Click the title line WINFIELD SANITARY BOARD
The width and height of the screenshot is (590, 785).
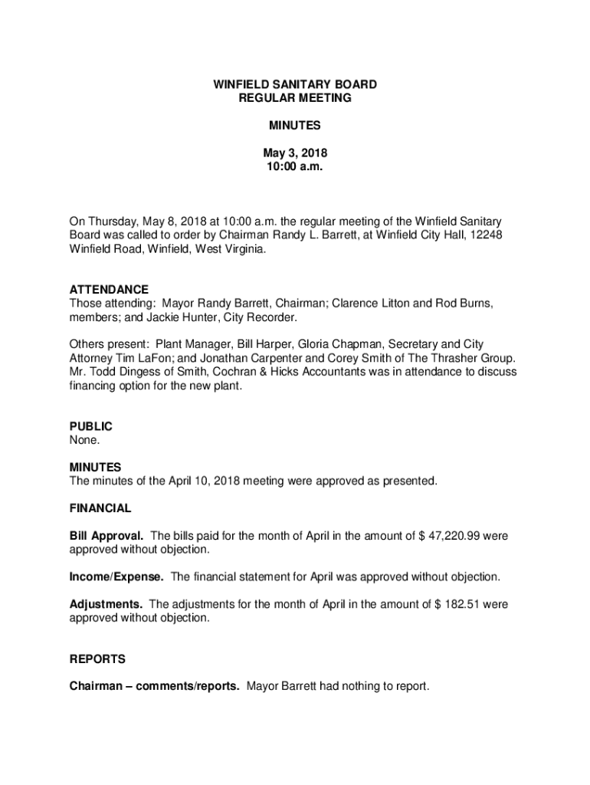pyautogui.click(x=294, y=84)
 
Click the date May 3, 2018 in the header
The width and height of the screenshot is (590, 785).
pyautogui.click(x=294, y=153)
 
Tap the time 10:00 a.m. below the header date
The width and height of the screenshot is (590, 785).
pyautogui.click(x=294, y=166)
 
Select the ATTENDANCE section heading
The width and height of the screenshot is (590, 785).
pyautogui.click(x=109, y=290)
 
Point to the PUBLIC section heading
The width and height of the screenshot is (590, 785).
pyautogui.click(x=90, y=426)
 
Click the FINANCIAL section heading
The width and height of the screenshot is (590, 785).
pyautogui.click(x=100, y=508)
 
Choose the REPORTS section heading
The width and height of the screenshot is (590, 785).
pyautogui.click(x=97, y=659)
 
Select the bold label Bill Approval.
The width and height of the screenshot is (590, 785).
pyautogui.click(x=107, y=536)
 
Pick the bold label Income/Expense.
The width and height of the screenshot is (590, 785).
pyautogui.click(x=116, y=576)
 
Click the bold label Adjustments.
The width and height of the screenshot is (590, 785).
pyautogui.click(x=106, y=604)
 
